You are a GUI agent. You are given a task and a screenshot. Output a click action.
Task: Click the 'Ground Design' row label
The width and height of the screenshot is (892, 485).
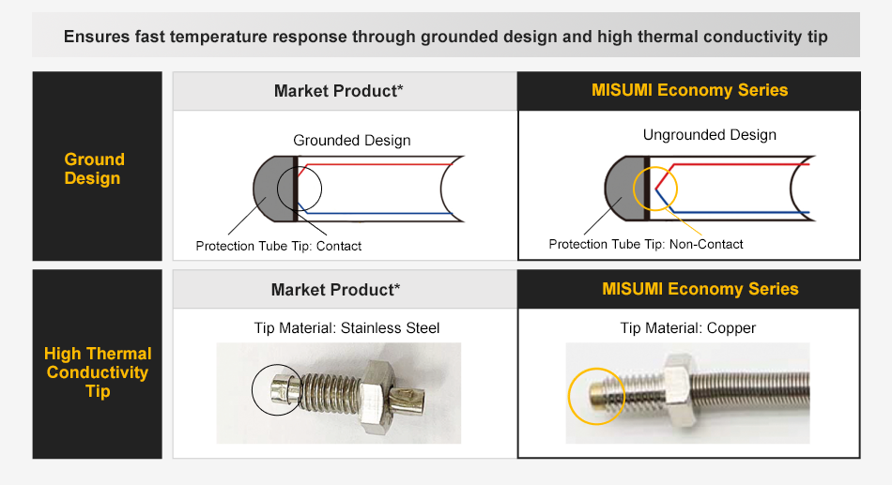point(94,169)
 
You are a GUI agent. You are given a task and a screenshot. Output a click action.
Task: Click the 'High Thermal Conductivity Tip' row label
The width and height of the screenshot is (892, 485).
point(98,372)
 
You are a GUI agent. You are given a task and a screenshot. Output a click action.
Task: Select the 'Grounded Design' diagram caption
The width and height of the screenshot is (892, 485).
point(352,141)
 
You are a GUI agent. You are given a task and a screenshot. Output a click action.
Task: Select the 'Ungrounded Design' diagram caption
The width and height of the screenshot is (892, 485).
point(710,135)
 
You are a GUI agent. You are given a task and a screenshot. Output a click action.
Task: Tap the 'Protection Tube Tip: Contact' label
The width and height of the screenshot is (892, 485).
point(278,246)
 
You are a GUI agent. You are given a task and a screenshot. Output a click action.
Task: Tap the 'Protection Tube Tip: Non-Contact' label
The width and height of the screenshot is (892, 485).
point(646,244)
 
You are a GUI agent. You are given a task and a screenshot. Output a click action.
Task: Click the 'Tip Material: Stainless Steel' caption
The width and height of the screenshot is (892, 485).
point(346,328)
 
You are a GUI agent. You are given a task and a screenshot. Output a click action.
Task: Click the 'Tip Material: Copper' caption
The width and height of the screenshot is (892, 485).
point(688,328)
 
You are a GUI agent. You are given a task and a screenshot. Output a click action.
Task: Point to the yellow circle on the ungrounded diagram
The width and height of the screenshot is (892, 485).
point(655,189)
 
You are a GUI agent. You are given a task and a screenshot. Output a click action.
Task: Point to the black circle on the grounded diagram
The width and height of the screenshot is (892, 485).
point(300,190)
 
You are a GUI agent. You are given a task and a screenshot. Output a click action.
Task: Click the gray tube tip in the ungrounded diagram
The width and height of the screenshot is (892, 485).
point(623,189)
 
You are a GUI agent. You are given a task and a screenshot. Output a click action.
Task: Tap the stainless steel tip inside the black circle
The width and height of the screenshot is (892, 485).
point(279,389)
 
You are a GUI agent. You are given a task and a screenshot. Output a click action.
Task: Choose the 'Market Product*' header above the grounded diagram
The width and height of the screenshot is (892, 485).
point(338,91)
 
